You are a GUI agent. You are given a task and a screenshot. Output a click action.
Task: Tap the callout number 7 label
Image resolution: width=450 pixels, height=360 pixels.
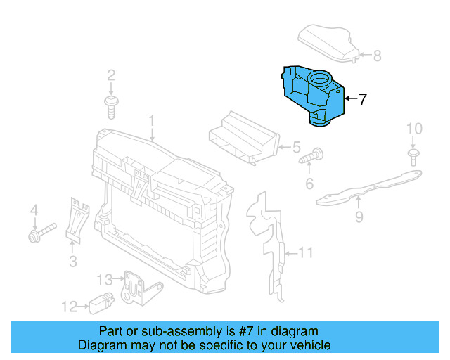[363, 100]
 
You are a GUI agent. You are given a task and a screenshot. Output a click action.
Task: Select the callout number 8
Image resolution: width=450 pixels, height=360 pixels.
[377, 55]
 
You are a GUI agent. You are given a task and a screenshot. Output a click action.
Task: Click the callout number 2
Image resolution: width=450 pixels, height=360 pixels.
[111, 75]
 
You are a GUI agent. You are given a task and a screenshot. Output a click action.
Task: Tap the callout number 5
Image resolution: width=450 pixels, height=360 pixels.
[296, 148]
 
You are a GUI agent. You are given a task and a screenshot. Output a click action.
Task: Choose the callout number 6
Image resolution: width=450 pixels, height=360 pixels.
[308, 184]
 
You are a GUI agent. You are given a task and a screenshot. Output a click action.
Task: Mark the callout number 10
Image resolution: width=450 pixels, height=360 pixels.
[415, 129]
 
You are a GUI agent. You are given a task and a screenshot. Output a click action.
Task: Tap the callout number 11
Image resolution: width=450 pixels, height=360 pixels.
[305, 252]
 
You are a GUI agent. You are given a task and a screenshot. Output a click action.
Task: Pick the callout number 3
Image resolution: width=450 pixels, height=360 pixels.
[72, 262]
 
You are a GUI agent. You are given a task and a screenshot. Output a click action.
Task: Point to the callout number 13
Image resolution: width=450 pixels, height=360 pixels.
[105, 280]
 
